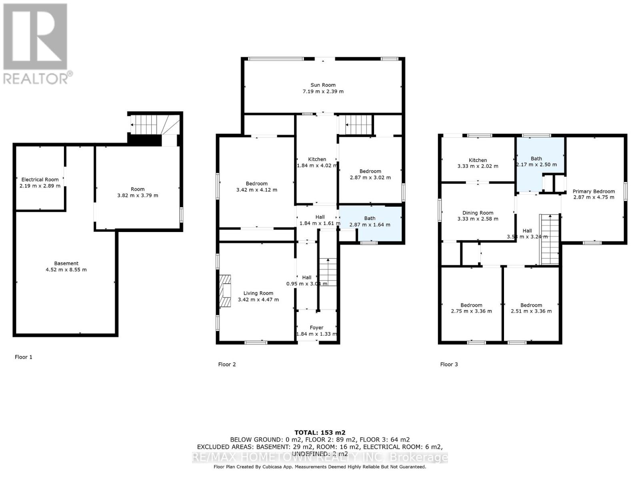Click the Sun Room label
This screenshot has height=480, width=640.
pos(323,85)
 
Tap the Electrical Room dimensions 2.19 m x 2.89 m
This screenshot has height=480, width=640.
pos(40,186)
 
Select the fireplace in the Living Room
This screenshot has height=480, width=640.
pos(225,291)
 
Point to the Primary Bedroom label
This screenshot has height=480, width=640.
pos(594,191)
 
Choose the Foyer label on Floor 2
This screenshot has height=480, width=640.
pos(316,328)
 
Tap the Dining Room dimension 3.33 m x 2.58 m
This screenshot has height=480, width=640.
pos(478,219)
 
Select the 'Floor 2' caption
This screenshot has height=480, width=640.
pos(227,364)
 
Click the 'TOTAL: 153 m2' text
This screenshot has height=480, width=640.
pos(320,432)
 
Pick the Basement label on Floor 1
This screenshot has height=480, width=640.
pos(66,263)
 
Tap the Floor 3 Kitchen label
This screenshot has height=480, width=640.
pos(478,160)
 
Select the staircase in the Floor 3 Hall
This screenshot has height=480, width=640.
pos(550,239)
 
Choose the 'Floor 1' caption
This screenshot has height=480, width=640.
pos(24,357)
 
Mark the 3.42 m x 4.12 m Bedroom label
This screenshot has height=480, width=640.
pos(256,184)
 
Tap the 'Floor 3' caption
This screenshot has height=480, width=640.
pos(449,364)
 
